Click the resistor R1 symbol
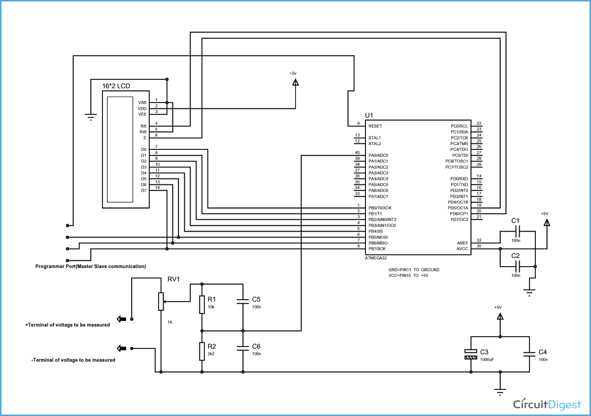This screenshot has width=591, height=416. pyautogui.click(x=201, y=304)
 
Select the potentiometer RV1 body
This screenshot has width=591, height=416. pyautogui.click(x=161, y=301)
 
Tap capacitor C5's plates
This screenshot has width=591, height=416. pyautogui.click(x=242, y=301)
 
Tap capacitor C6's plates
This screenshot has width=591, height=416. pyautogui.click(x=242, y=348)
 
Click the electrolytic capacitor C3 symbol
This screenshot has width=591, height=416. pyautogui.click(x=471, y=353)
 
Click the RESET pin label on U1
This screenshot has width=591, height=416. pyautogui.click(x=375, y=126)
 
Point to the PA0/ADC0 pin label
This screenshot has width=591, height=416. pyautogui.click(x=378, y=155)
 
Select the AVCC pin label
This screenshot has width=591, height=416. pyautogui.click(x=462, y=249)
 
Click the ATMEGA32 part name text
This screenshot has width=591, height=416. pyautogui.click(x=379, y=258)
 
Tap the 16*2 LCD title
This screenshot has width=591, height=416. pyautogui.click(x=116, y=86)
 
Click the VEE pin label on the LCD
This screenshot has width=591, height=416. pyautogui.click(x=142, y=114)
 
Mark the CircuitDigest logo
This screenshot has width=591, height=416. pyautogui.click(x=547, y=404)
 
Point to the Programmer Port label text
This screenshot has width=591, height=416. pyautogui.click(x=91, y=266)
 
